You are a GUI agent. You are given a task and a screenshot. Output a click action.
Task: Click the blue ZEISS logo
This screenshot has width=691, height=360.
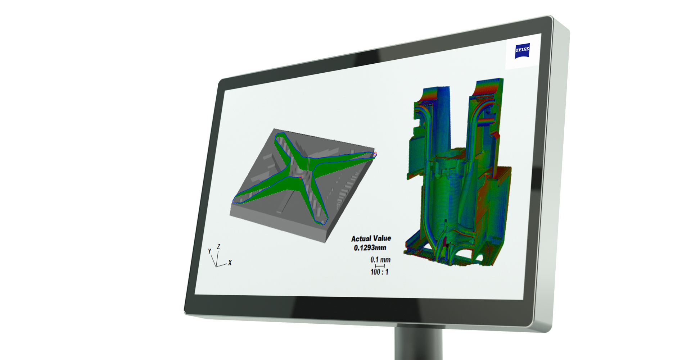[x=522, y=51]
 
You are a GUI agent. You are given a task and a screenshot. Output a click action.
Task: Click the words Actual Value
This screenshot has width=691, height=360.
[x=371, y=238]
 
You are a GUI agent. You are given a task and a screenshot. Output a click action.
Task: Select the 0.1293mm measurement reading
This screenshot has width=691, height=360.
[x=370, y=248]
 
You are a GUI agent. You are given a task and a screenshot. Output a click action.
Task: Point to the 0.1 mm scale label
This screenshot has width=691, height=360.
[x=380, y=260]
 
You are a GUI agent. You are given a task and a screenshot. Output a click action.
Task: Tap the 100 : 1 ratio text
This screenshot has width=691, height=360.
[x=379, y=272]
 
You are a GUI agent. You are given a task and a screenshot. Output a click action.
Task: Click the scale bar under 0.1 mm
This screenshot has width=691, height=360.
[x=380, y=266]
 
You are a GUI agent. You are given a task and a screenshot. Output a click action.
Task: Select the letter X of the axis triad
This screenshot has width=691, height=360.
[x=230, y=263]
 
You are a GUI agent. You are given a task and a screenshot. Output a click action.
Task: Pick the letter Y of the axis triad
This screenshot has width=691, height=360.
[x=209, y=251]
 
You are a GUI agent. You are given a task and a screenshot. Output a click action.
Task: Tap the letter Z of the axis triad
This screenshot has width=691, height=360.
[x=218, y=246]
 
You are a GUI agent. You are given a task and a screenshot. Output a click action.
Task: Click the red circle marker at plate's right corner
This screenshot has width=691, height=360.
[x=375, y=154]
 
